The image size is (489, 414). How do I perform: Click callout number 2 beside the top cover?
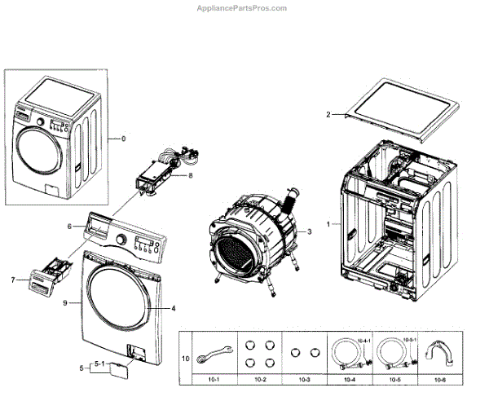(328, 115)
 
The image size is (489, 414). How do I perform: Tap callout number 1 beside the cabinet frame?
(328, 223)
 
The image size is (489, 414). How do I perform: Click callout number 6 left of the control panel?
(69, 227)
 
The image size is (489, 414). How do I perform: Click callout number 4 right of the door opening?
(174, 309)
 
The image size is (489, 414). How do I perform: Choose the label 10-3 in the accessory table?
(303, 380)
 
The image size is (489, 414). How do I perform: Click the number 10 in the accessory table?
(185, 357)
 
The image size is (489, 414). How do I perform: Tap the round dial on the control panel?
(121, 240)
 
